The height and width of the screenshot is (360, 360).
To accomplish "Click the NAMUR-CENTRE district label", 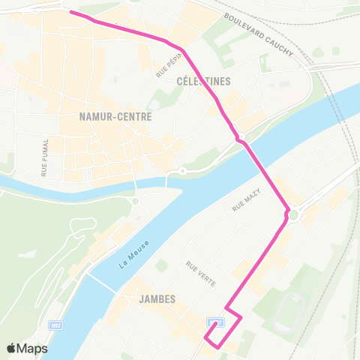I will click(115, 117).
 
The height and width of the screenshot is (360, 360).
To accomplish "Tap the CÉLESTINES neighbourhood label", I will click(203, 81).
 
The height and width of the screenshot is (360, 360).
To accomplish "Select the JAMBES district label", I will click(157, 299).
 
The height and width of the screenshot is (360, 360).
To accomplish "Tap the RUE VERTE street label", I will click(200, 273).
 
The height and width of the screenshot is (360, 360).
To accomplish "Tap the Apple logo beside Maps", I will click(11, 348).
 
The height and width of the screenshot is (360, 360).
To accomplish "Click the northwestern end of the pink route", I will click(70, 12).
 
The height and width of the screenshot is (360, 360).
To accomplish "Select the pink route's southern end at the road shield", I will click(214, 323).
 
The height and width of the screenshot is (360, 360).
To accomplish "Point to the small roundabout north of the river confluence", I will click(181, 172).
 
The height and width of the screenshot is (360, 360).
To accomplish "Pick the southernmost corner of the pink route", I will click(218, 346).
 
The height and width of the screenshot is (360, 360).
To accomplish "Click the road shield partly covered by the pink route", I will click(216, 322).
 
